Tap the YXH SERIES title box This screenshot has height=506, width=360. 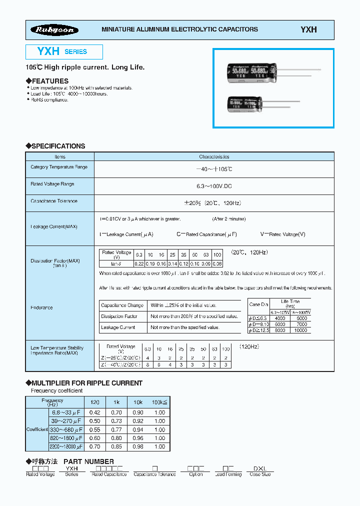(x=64, y=51)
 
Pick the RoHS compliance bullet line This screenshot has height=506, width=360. (x=49, y=100)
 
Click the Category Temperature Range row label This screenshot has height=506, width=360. (x=59, y=167)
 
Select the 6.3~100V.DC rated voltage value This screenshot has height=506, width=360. (x=214, y=186)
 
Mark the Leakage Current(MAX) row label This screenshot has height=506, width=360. (x=54, y=226)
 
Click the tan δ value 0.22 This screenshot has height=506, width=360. (x=139, y=263)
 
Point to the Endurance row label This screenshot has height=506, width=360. (x=41, y=307)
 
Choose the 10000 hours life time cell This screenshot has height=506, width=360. (x=300, y=330)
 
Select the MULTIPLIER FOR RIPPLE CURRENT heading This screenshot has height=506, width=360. (x=84, y=383)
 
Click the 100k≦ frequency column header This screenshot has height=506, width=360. (x=159, y=401)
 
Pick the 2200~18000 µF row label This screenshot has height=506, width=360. (x=65, y=445)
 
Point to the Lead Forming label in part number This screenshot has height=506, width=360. (x=228, y=474)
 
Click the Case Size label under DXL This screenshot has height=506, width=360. (x=260, y=474)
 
